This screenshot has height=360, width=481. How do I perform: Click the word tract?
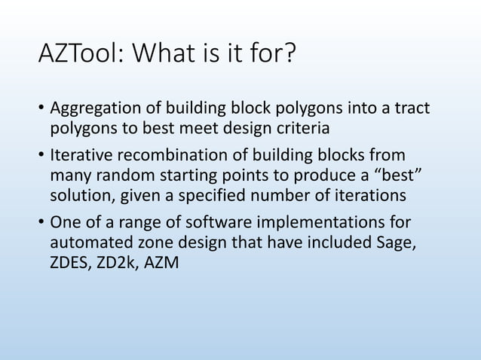[x=412, y=110]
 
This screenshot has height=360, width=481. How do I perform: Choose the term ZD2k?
[x=118, y=261]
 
